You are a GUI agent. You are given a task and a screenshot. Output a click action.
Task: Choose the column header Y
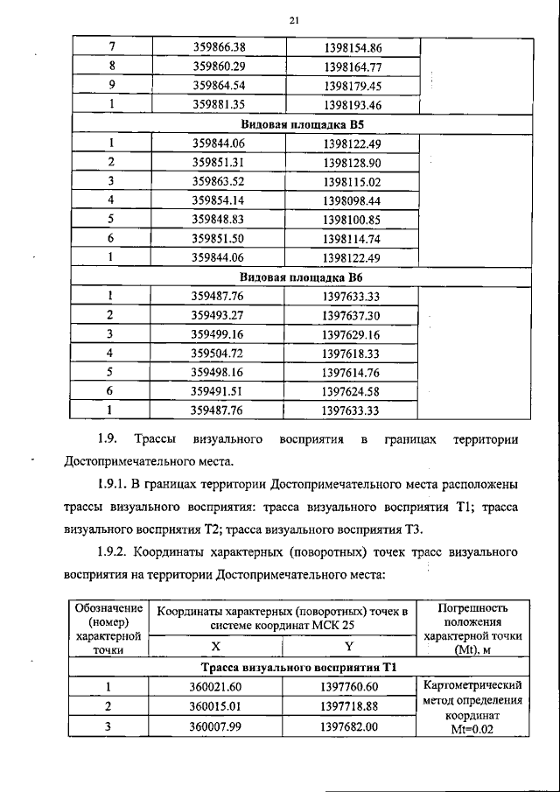coord(348,647)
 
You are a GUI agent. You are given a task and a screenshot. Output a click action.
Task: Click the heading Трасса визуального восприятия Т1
coord(290,668)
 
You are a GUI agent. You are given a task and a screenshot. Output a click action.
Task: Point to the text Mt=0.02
coord(471,733)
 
